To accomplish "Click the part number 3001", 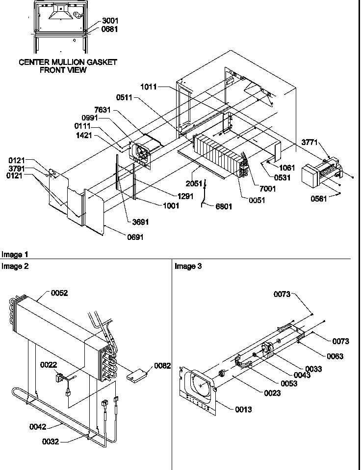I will pyautogui.click(x=110, y=21).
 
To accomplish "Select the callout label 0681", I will pyautogui.click(x=110, y=29).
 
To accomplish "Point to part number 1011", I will pyautogui.click(x=148, y=87).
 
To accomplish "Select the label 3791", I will pyautogui.click(x=17, y=169).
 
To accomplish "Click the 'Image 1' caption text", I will pyautogui.click(x=15, y=255).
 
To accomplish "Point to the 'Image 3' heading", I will pyautogui.click(x=188, y=266).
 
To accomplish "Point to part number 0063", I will pyautogui.click(x=333, y=356).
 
